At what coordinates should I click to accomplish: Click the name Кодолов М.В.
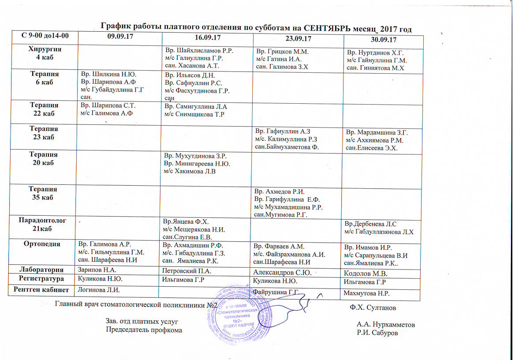pos(366,274)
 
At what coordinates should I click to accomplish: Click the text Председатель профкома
pos(144,330)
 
